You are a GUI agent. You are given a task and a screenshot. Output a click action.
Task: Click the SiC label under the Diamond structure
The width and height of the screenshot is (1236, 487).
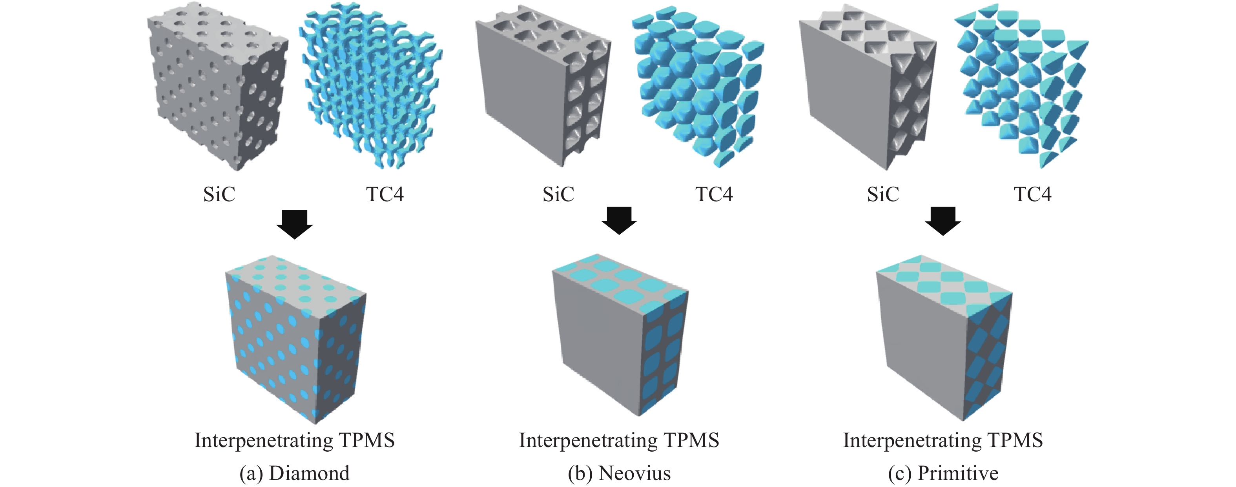coord(219,194)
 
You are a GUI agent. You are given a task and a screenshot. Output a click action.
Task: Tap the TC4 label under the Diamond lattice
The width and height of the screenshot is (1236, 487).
coord(385,194)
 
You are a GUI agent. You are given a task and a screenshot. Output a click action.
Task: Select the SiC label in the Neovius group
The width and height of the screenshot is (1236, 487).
coord(558,194)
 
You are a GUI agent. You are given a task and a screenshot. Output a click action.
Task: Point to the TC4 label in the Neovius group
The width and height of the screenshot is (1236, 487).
coord(714,194)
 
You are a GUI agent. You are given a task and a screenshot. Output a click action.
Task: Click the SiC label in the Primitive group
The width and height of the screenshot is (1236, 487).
coord(883,194)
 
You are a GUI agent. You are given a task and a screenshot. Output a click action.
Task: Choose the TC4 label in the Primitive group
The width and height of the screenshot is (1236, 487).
coord(1033,194)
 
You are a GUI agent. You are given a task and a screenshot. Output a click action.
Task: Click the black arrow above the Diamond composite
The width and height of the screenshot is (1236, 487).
coord(295,224)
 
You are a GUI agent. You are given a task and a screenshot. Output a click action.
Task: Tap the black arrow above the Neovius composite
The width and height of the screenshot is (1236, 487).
coord(619,220)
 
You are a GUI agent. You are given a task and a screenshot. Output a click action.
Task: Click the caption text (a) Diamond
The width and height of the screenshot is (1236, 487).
coord(295,473)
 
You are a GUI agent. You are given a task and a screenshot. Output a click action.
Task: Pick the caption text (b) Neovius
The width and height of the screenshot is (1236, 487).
coord(619,473)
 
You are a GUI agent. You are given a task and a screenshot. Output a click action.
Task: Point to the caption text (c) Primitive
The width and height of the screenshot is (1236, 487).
coord(943,473)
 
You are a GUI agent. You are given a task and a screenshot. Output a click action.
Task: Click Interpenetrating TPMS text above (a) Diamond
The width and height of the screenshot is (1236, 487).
coord(295,440)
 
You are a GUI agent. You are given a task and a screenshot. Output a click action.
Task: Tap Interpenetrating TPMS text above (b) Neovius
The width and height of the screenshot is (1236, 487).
coord(619,440)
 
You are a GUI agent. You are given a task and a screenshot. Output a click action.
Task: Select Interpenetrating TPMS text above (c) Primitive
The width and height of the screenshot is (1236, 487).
coord(943,440)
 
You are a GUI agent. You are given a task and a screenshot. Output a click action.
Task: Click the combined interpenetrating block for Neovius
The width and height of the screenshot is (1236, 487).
coord(620,334)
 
